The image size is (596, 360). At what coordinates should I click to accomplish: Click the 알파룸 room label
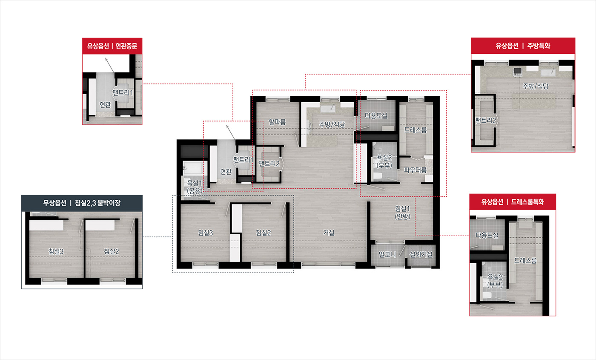click(x=277, y=122)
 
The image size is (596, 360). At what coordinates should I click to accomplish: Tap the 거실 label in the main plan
click(x=329, y=233)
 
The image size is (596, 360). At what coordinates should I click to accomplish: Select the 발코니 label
click(x=387, y=255)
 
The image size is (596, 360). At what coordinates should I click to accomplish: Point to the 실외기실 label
click(x=421, y=255)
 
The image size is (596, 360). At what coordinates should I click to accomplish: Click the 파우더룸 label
click(x=415, y=170)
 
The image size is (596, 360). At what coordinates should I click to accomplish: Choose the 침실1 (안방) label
click(x=402, y=213)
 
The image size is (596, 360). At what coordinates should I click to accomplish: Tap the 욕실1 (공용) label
click(x=195, y=187)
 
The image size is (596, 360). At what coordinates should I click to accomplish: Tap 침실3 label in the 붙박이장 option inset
click(x=56, y=251)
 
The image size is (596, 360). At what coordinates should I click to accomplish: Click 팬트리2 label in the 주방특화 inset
click(x=486, y=120)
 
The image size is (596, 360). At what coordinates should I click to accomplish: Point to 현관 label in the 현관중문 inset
click(x=105, y=104)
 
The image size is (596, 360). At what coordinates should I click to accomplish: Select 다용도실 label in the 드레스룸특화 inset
click(x=487, y=235)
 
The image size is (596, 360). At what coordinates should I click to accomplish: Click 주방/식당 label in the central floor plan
click(x=332, y=124)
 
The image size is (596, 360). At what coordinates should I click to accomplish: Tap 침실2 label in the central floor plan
click(x=263, y=233)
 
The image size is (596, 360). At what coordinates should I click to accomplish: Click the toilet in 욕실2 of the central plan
click(x=377, y=176)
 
